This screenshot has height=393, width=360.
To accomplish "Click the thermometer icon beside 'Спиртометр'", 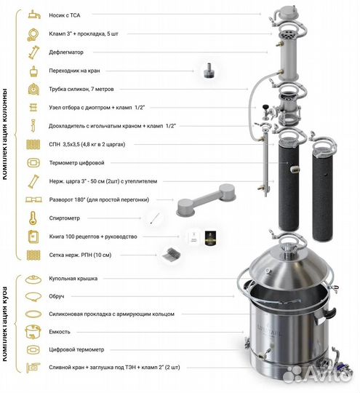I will (x=33, y=218).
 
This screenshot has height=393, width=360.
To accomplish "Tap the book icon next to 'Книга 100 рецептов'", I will (x=33, y=237).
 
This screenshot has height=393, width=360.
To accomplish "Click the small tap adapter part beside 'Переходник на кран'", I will (x=209, y=71).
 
